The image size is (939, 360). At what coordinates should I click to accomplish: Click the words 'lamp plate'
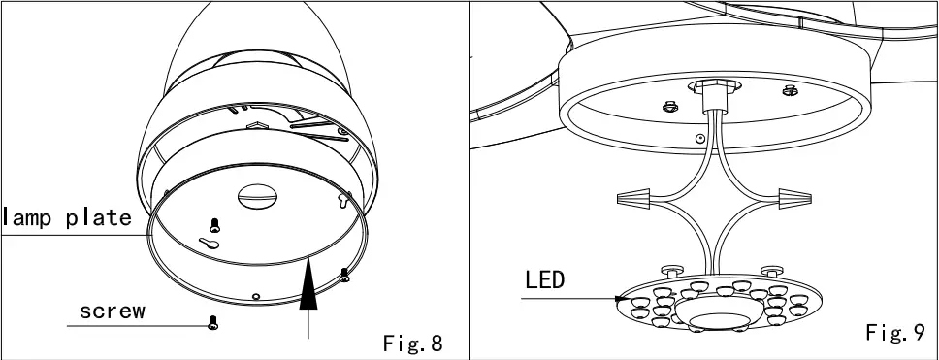click(x=66, y=217)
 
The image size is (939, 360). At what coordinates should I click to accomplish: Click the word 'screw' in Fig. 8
click(x=113, y=311)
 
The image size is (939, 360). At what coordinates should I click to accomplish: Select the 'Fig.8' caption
click(x=413, y=343)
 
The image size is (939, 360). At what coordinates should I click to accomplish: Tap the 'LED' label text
click(x=544, y=281)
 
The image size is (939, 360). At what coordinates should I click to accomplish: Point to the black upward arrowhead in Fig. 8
click(x=308, y=287)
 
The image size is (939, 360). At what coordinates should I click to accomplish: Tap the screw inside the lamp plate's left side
click(x=215, y=222)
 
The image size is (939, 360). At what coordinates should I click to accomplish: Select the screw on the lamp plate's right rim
click(x=344, y=277)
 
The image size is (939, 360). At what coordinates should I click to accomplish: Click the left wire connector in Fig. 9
click(x=632, y=199)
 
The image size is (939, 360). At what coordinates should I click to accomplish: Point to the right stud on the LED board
click(x=771, y=269)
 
